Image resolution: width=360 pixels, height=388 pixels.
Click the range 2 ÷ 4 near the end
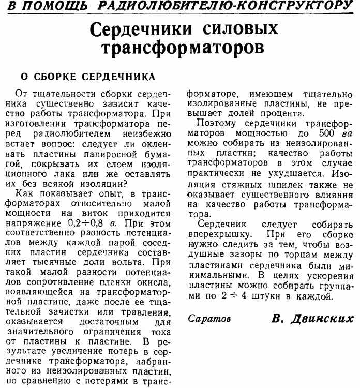pyautogui.click(x=245, y=296)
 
